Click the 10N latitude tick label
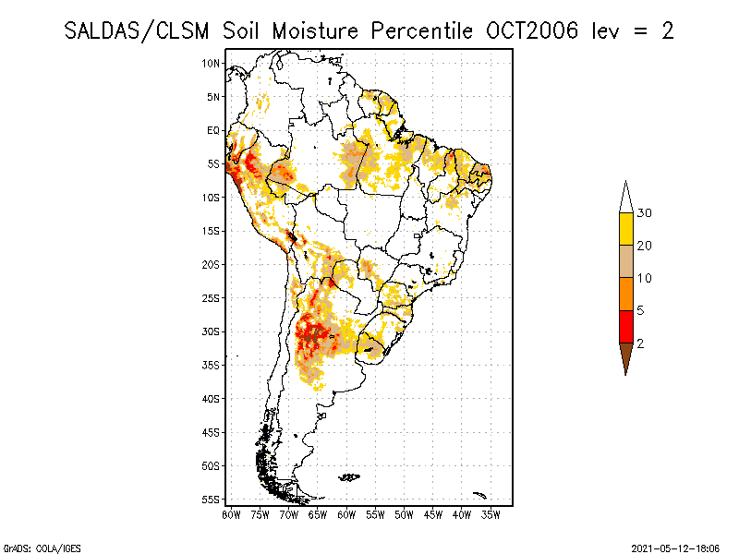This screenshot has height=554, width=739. pyautogui.click(x=212, y=63)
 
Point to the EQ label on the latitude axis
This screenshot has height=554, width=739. pyautogui.click(x=213, y=130)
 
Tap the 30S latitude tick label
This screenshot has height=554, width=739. pyautogui.click(x=212, y=331)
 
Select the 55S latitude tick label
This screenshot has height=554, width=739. pyautogui.click(x=212, y=500)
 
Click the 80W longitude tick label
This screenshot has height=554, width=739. pyautogui.click(x=231, y=514)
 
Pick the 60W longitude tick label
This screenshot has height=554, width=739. pyautogui.click(x=346, y=514)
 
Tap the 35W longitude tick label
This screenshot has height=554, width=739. pyautogui.click(x=491, y=514)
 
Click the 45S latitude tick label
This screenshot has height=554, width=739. pyautogui.click(x=212, y=432)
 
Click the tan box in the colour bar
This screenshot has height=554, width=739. pyautogui.click(x=625, y=261)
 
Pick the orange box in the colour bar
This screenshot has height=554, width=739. pyautogui.click(x=625, y=294)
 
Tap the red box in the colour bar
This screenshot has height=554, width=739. pyautogui.click(x=625, y=326)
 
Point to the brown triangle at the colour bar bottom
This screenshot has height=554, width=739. pyautogui.click(x=625, y=355)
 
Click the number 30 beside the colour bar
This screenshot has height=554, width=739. pyautogui.click(x=645, y=213)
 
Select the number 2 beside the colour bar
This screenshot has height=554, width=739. pyautogui.click(x=640, y=343)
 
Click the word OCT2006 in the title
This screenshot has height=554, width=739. pyautogui.click(x=532, y=30)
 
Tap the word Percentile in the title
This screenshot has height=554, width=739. pyautogui.click(x=422, y=30)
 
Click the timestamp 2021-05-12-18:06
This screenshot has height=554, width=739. pyautogui.click(x=675, y=547)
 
